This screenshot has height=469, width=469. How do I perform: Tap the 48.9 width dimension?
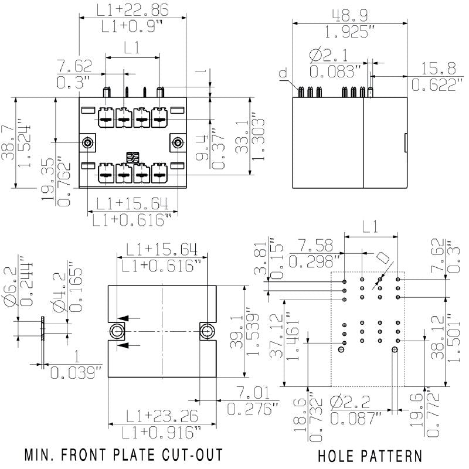349,15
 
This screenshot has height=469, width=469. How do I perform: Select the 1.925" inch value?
349,32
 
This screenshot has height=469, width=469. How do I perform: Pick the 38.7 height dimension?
8,142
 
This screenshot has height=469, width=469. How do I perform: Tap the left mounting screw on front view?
88,142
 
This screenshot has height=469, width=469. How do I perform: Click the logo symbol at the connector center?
132,157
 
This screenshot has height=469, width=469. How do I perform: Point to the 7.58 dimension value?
317,243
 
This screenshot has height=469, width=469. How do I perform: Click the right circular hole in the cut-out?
207,331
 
